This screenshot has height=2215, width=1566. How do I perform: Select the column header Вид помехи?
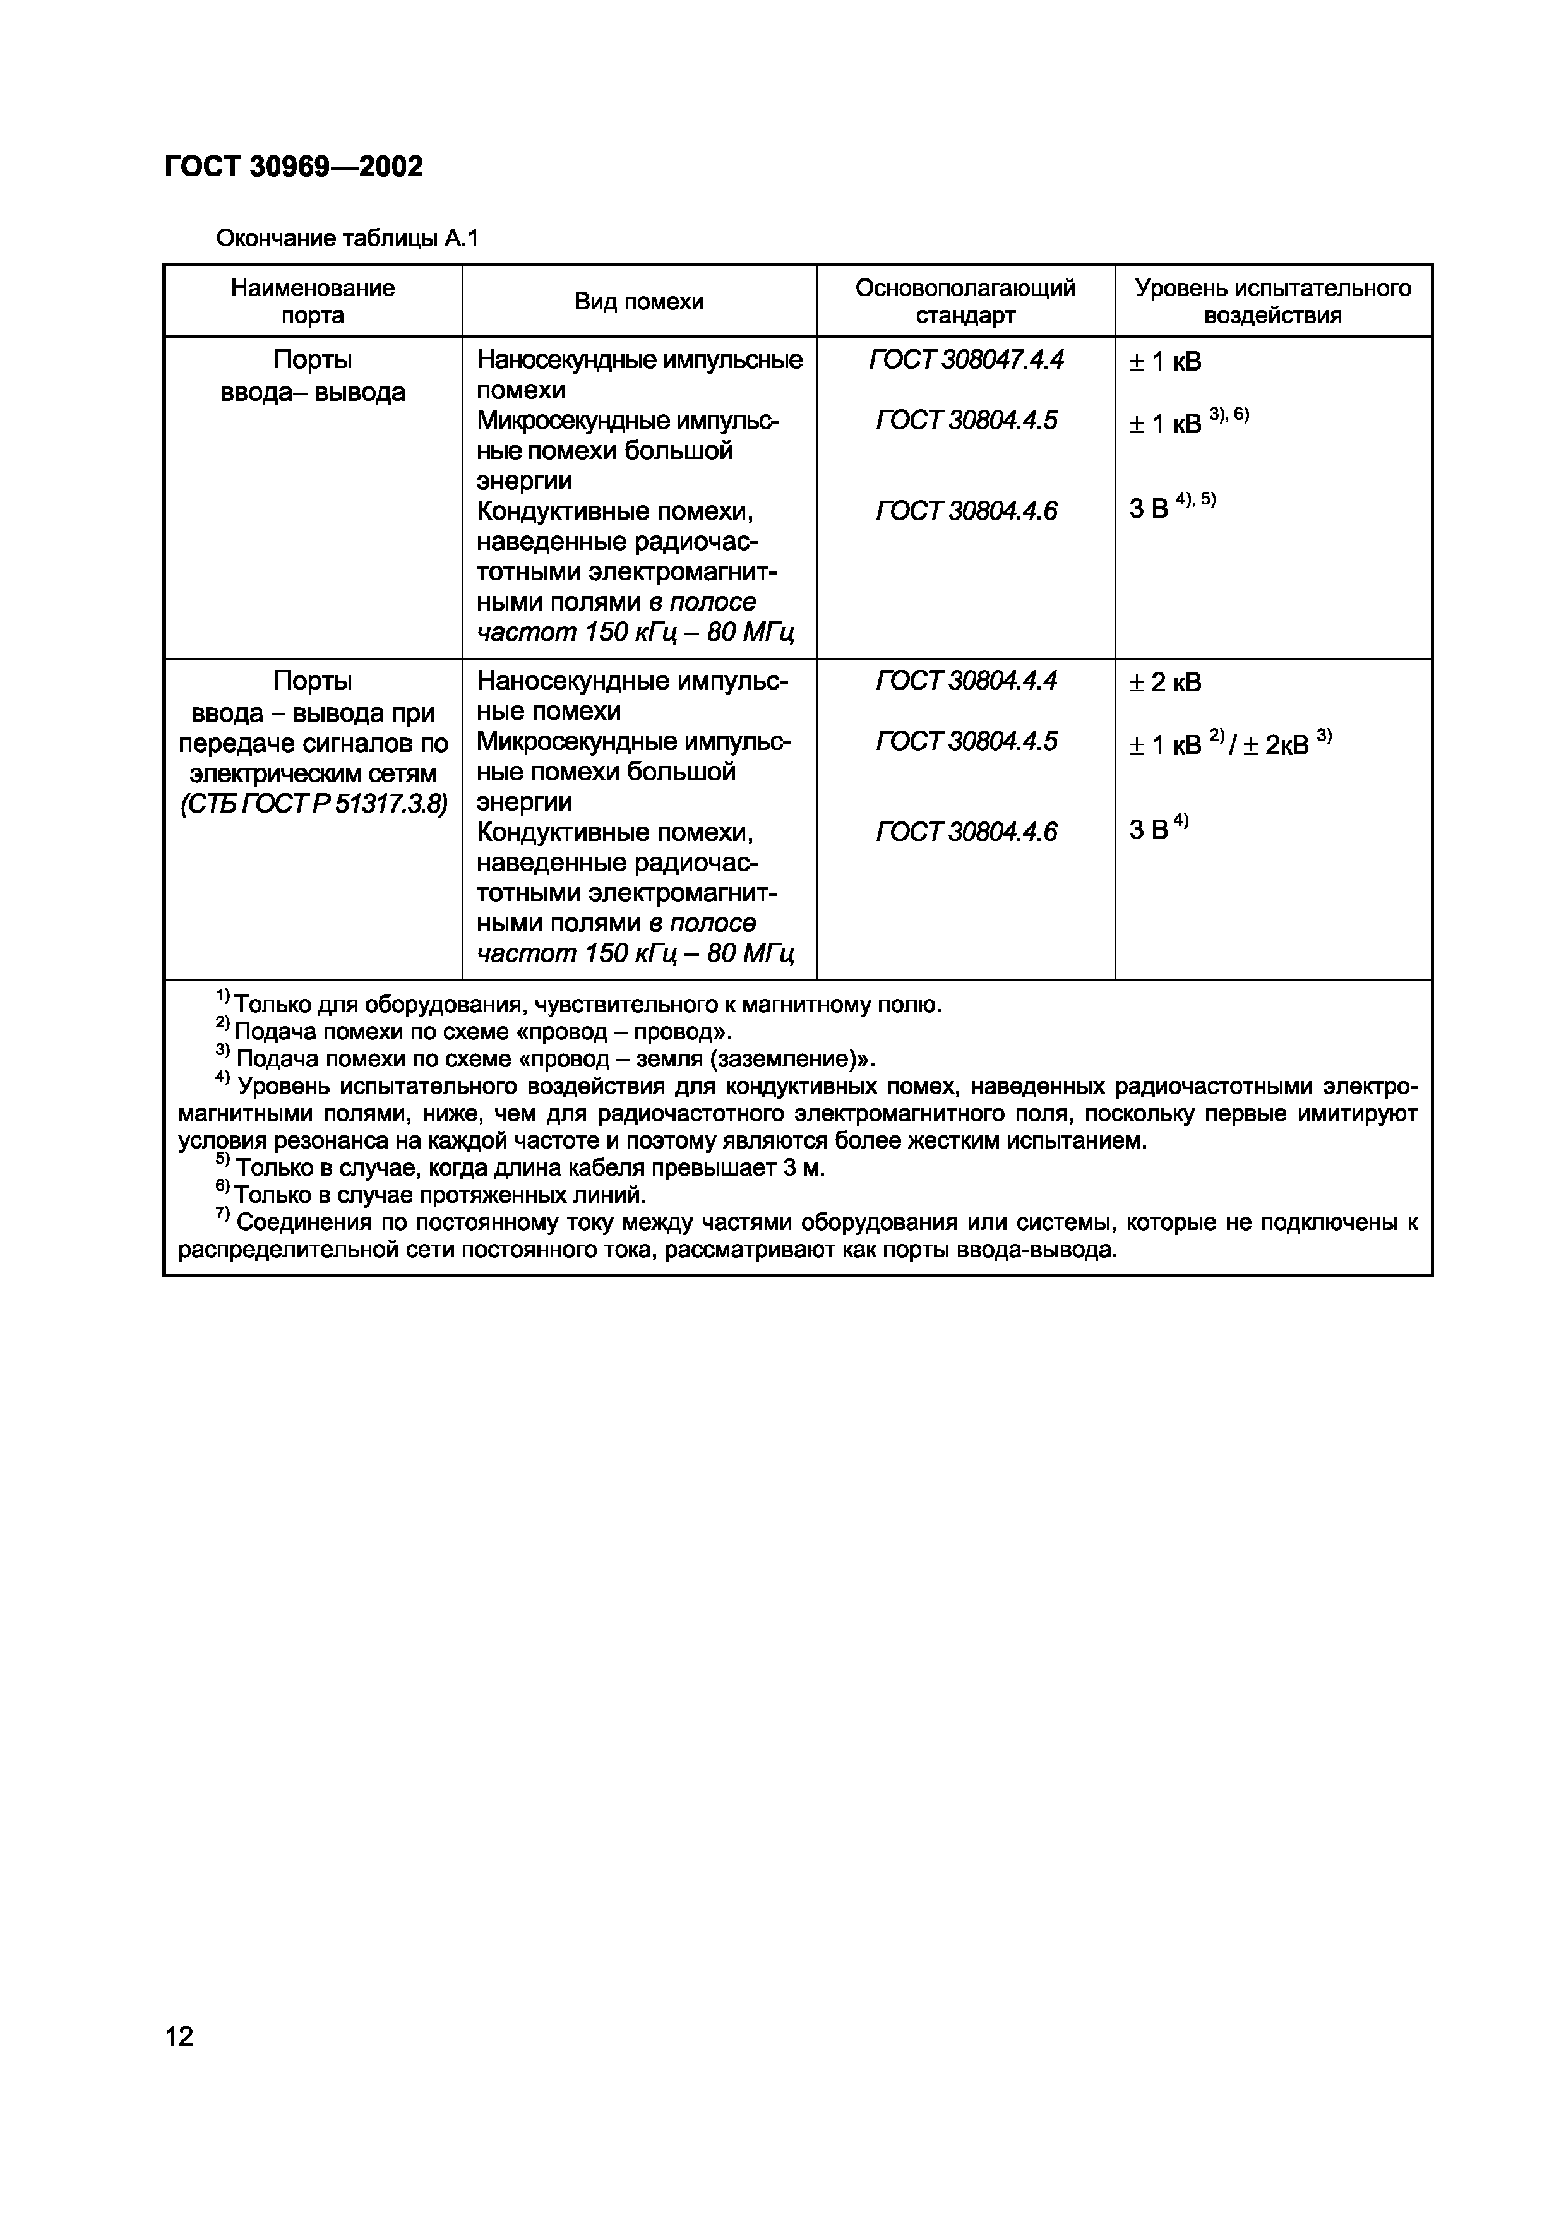pos(639,302)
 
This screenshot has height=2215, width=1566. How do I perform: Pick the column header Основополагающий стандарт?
pos(965,302)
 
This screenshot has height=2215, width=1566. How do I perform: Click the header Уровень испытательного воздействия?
pos(1272,302)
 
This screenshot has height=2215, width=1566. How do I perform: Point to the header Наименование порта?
pos(313,302)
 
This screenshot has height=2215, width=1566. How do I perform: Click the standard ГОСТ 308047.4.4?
pos(966,360)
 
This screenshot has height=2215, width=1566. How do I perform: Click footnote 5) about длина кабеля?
pos(521,1168)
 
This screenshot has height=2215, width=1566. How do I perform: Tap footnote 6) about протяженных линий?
pos(431,1195)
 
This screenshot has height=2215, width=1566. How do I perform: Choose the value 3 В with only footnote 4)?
pos(1158,828)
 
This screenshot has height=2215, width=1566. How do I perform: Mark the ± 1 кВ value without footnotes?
pos(1164,362)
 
